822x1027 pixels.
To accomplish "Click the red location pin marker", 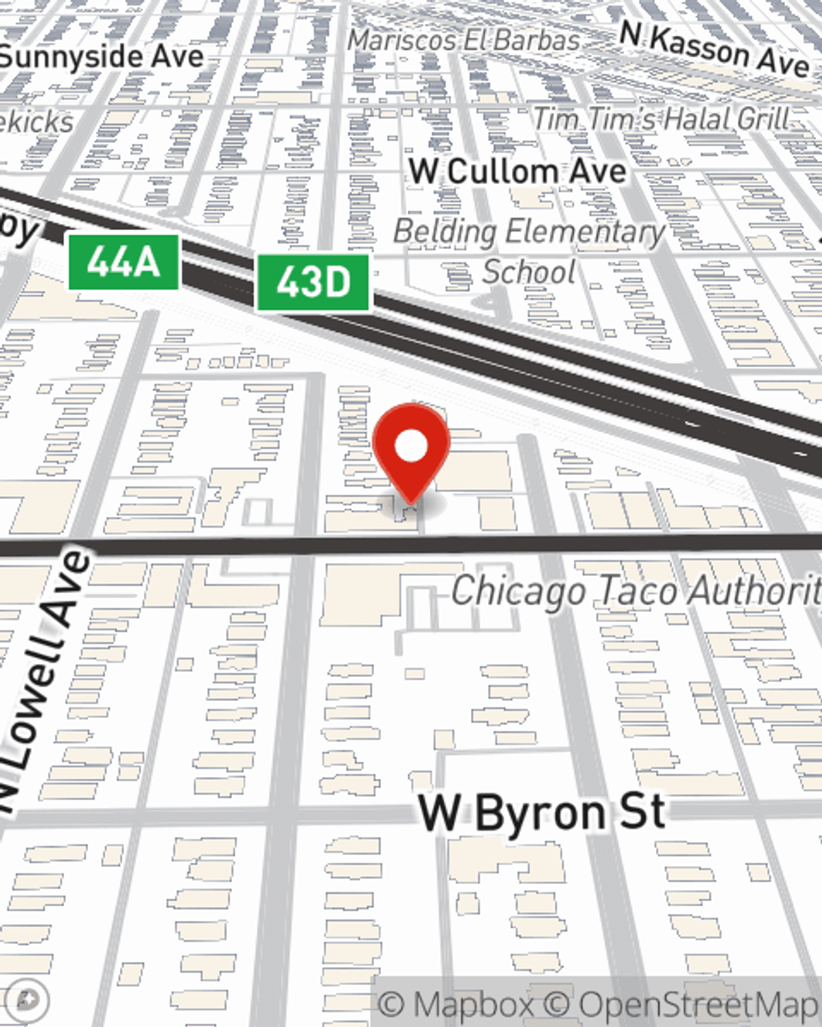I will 411,452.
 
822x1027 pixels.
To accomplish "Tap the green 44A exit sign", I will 122,262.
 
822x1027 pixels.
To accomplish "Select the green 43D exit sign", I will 313,283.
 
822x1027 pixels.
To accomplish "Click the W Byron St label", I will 542,813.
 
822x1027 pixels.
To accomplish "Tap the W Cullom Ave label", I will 518,172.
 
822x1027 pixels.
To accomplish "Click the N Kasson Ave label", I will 714,49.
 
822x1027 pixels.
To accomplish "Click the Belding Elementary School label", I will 529,251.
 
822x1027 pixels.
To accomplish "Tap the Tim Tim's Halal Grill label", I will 662,119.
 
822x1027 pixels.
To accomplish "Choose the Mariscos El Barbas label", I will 464,39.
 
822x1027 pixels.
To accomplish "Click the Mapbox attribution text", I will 456,1004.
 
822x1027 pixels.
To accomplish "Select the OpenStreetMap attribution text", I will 690,1004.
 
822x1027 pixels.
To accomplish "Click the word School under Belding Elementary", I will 529,271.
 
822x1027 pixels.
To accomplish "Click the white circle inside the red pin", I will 411,447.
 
